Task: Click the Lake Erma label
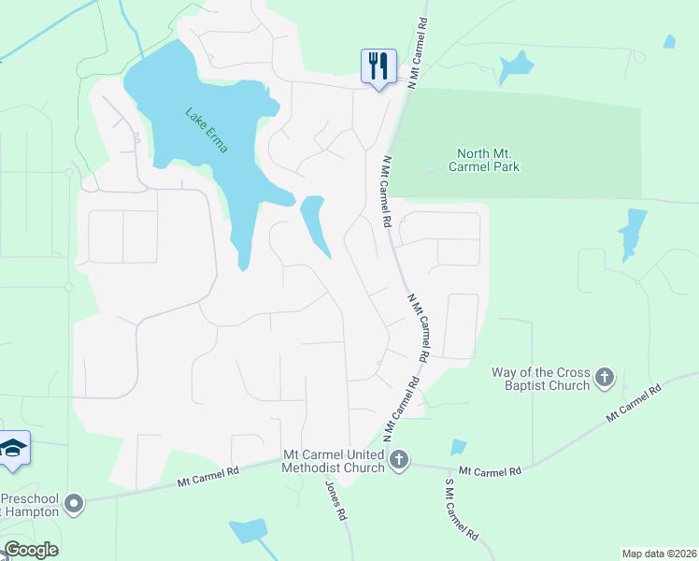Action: pos(207,132)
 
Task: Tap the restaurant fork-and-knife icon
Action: pos(378,66)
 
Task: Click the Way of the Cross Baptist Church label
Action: pos(541,379)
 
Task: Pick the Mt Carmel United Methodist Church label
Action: pos(334,461)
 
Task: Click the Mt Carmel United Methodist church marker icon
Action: pos(399,459)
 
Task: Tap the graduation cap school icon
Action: pos(13,451)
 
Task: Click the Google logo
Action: pos(31,550)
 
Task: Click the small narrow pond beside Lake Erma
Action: pos(315,224)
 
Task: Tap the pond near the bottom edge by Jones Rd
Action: pos(249,531)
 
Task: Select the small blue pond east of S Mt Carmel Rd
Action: pos(458,447)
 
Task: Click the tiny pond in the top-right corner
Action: pos(669,41)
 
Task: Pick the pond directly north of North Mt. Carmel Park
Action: pos(515,66)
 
